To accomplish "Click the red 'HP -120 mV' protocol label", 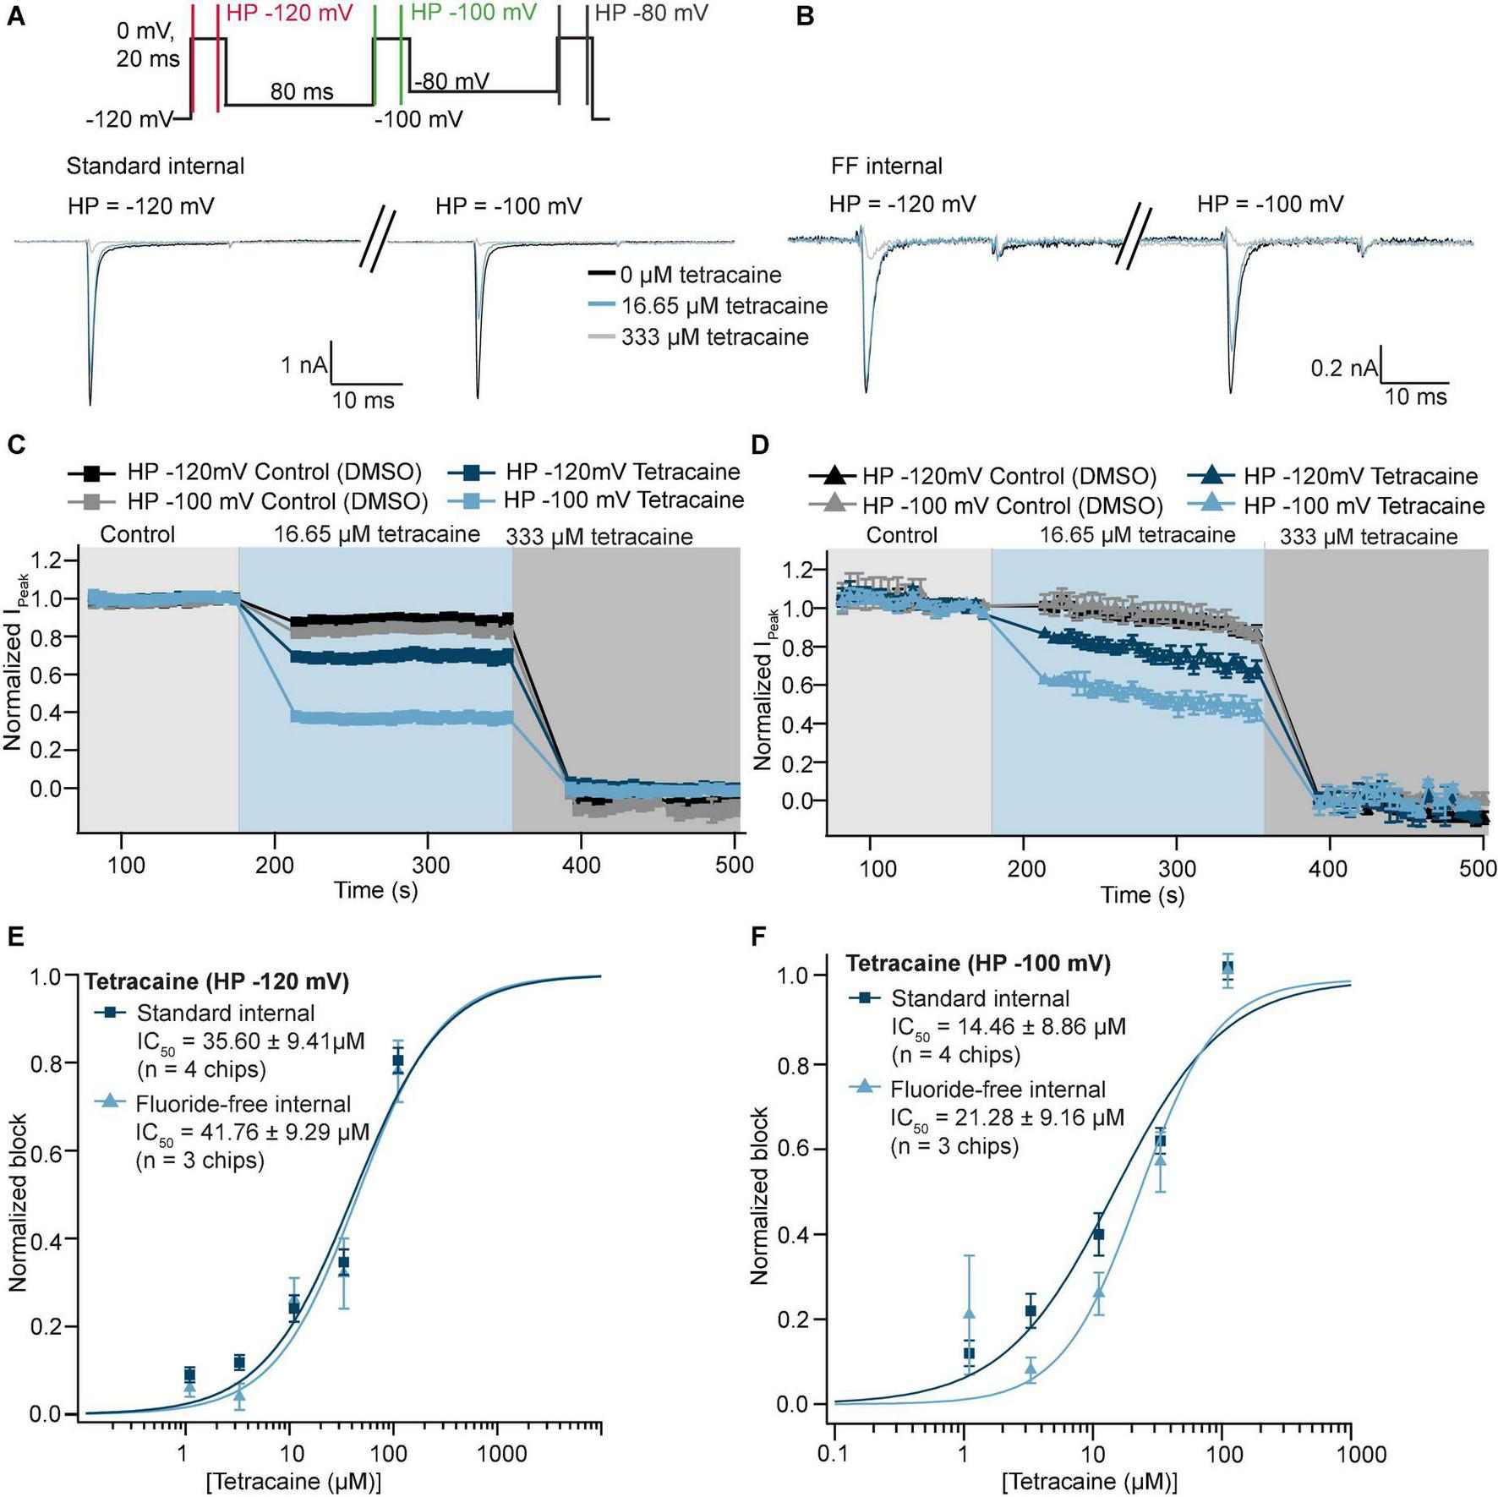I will click(290, 14).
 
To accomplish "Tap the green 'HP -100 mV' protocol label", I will click(473, 13).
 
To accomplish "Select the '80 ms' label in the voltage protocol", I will click(302, 91).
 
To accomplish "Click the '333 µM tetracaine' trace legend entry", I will click(714, 337).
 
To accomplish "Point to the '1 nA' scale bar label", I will click(303, 365).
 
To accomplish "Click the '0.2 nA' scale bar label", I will click(1343, 369).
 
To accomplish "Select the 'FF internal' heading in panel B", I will click(886, 166).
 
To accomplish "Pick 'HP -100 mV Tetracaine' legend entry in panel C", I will click(623, 500).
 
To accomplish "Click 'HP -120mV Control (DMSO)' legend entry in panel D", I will click(1009, 476).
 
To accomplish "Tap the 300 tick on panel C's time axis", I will click(427, 865).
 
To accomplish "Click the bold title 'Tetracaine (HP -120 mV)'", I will click(216, 981).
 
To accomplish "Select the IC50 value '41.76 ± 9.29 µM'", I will click(252, 1132).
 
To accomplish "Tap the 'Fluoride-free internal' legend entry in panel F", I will click(998, 1090).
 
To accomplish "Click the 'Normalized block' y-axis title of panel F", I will click(760, 1195).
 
